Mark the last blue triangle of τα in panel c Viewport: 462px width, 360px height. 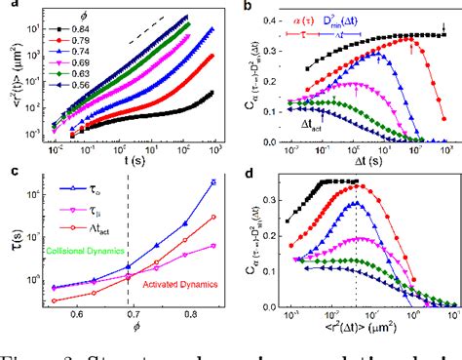pyautogui.click(x=212, y=182)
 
